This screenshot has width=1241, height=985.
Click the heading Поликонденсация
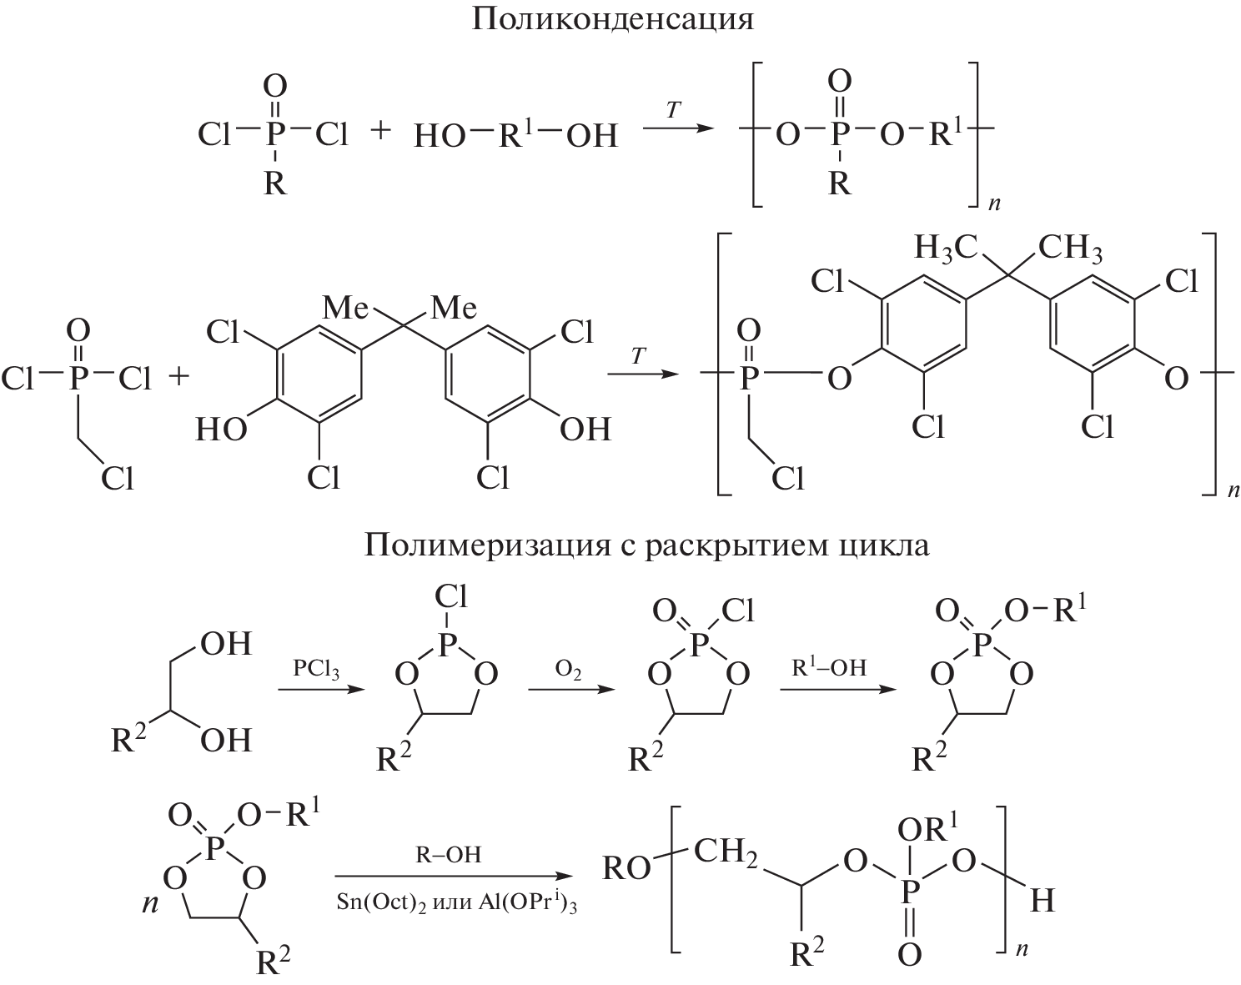[x=613, y=18]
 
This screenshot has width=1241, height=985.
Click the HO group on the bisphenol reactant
[x=221, y=429]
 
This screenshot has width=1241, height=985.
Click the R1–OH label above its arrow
[x=829, y=667]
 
